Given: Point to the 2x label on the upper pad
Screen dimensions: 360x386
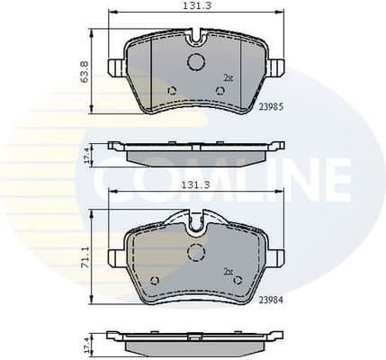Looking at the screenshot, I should pyautogui.click(x=228, y=78).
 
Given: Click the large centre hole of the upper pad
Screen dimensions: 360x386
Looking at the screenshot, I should pyautogui.click(x=195, y=62).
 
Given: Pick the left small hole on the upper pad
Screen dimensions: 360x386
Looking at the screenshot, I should pyautogui.click(x=172, y=90).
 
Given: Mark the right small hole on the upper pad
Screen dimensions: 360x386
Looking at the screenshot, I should pyautogui.click(x=220, y=90).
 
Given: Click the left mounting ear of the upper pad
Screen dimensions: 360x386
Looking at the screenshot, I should pyautogui.click(x=115, y=68).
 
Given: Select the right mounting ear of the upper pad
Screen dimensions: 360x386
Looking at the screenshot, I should pyautogui.click(x=276, y=68).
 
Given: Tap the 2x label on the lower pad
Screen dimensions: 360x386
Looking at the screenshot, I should pyautogui.click(x=228, y=270).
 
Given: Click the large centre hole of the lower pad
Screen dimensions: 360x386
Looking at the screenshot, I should pyautogui.click(x=195, y=252).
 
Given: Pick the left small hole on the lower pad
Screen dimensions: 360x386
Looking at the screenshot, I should pyautogui.click(x=154, y=281).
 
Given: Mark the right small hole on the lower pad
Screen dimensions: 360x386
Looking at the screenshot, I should pyautogui.click(x=238, y=281).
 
